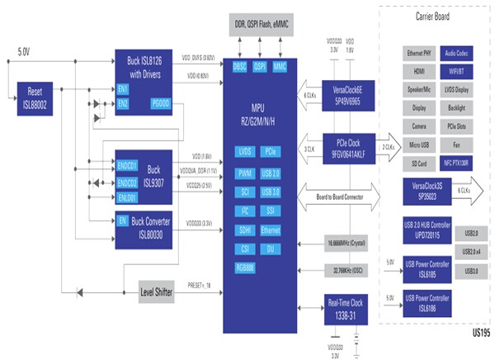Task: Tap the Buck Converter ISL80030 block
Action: [149, 225]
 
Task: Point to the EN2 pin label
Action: [124, 102]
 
